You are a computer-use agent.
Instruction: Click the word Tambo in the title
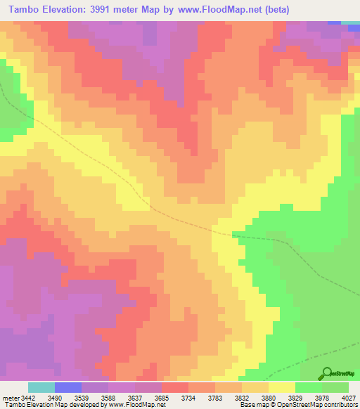pos(26,10)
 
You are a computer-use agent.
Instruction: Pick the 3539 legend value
pos(91,398)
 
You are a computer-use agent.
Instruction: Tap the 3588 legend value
pos(117,398)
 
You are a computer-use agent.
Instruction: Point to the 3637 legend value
pos(144,398)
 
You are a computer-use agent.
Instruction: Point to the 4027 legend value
pos(349,398)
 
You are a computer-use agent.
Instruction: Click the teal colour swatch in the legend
pos(41,387)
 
